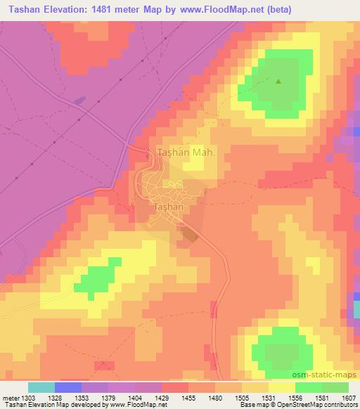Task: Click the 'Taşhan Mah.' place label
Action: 185,152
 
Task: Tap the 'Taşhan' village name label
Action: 168,208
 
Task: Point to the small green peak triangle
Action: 278,82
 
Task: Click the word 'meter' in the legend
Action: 8,398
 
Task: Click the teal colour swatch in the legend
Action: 41,387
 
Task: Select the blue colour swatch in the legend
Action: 68,387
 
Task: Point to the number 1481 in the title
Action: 100,10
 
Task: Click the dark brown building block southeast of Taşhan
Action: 188,235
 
